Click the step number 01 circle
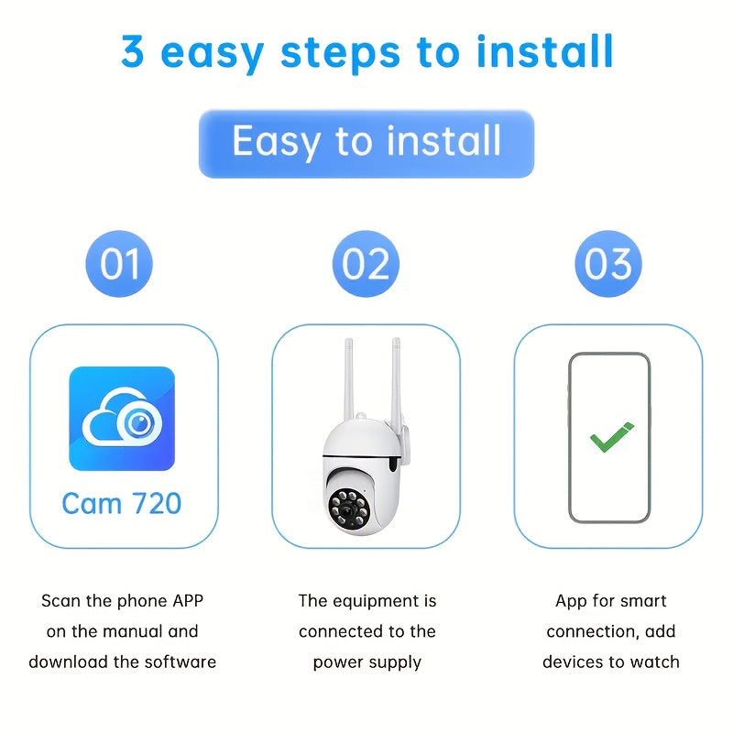(x=119, y=264)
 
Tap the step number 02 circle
(x=366, y=264)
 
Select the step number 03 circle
(x=608, y=264)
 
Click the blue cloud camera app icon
(x=122, y=419)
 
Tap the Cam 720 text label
(x=122, y=503)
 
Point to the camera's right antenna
(x=396, y=380)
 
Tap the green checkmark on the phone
(x=611, y=438)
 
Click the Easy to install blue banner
(x=366, y=143)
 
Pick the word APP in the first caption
(x=182, y=601)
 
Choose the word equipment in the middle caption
(x=375, y=601)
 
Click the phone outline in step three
(x=570, y=438)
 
